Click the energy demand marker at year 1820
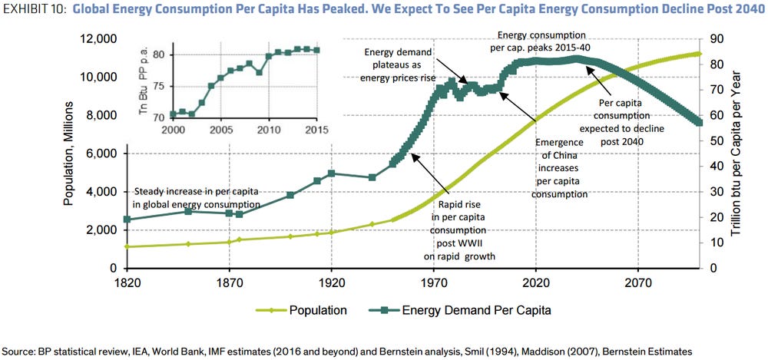click(x=127, y=220)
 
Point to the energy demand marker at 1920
click(x=331, y=173)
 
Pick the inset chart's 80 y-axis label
click(x=159, y=54)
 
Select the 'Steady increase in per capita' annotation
click(x=197, y=197)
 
